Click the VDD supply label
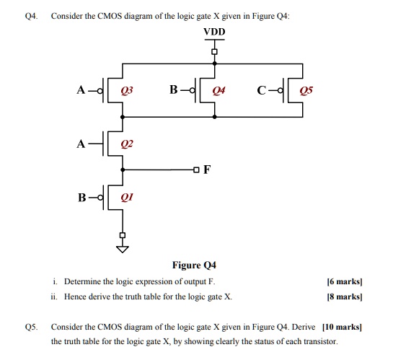(x=214, y=32)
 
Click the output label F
(x=208, y=170)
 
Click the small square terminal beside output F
(x=197, y=170)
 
